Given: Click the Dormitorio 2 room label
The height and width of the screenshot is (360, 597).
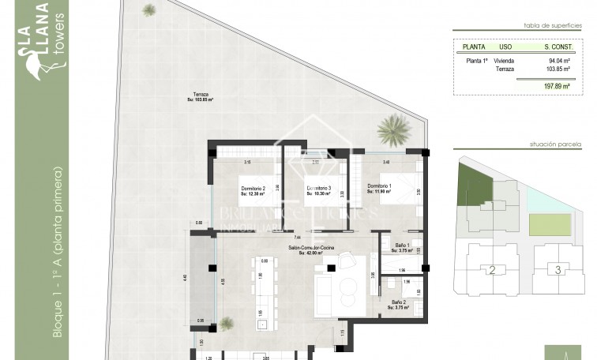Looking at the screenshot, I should [253, 189].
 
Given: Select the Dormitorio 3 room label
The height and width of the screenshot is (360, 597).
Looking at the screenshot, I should [318, 189].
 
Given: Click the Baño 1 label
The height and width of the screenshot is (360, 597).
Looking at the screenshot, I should [401, 247].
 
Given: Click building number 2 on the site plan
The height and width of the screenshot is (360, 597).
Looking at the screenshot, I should [492, 271].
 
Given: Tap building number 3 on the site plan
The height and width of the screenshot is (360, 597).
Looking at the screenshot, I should [558, 271].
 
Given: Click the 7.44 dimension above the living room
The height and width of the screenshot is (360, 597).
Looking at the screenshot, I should [297, 236].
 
